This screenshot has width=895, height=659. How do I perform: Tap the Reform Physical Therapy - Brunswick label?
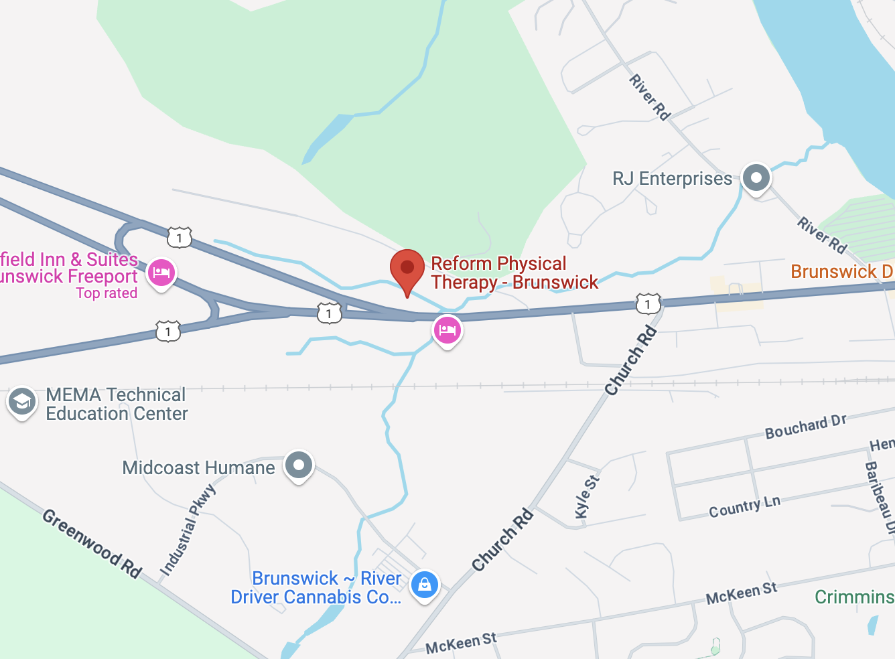tap(514, 273)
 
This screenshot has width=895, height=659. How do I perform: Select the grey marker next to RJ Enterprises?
tap(756, 179)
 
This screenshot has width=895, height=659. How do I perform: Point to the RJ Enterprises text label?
tap(672, 179)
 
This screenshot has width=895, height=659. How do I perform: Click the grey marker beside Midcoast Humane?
tap(299, 465)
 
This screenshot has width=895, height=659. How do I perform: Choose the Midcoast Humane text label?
tap(198, 467)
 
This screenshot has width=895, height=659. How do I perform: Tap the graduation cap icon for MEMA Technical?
tap(22, 402)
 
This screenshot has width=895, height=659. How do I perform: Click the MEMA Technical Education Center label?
tap(117, 405)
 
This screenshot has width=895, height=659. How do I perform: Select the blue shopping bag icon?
tap(424, 585)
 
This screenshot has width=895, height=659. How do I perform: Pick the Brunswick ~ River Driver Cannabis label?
tap(316, 588)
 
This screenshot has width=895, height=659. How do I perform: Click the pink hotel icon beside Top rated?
tap(161, 273)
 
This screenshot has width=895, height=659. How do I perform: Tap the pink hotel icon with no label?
tap(447, 329)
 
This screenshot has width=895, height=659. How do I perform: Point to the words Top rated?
tap(107, 293)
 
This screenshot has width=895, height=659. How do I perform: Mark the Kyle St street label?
tap(587, 496)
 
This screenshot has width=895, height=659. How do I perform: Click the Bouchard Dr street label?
tap(805, 427)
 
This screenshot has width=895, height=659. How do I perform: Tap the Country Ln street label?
tap(744, 507)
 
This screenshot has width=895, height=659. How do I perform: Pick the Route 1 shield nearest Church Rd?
tap(648, 304)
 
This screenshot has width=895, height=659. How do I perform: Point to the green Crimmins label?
tap(854, 597)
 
